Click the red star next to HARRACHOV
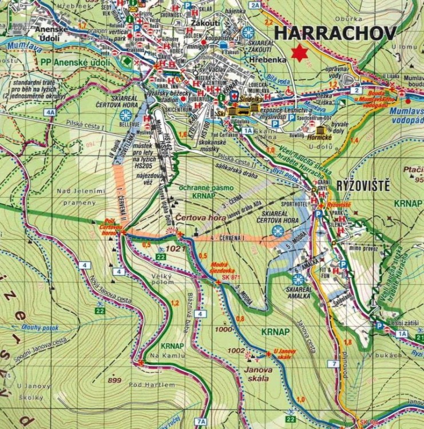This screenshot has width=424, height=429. point(297,53)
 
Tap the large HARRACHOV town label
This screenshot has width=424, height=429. point(335,33)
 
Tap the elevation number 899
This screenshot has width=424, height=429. point(114,380)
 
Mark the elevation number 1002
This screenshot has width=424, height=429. point(236,351)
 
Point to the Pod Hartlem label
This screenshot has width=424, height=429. point(152,384)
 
